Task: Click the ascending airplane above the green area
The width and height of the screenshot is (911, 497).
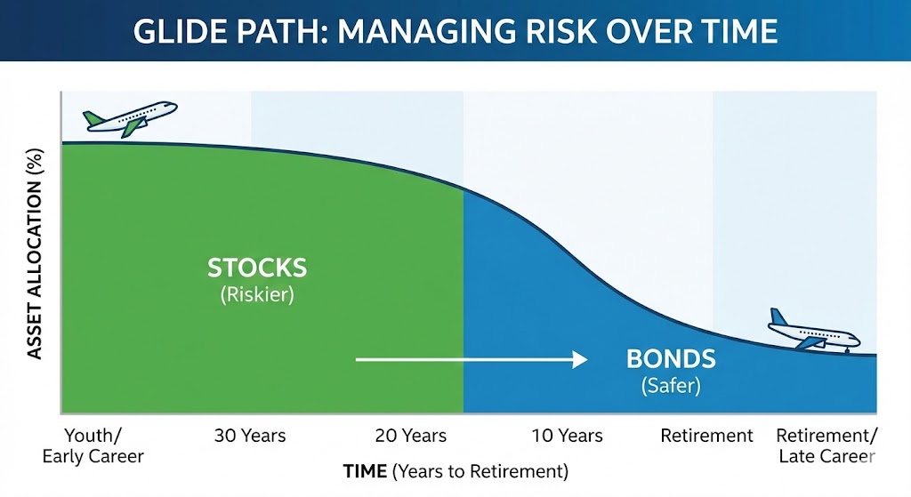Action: point(130,118)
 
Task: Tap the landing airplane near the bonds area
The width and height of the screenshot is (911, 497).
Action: point(813,332)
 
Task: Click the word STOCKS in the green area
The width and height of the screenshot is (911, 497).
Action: point(257,268)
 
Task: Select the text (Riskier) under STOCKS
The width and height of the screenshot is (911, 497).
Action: point(257,294)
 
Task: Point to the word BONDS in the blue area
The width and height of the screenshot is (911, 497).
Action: point(671,359)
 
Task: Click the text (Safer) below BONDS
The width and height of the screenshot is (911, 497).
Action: point(671,386)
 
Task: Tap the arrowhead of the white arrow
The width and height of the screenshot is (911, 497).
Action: point(580,360)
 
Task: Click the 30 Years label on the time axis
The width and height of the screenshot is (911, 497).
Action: point(250,436)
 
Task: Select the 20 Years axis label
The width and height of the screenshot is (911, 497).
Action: point(411,436)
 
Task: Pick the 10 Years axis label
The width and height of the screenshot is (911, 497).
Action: point(567,436)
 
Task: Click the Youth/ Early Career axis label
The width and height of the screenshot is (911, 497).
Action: point(93,446)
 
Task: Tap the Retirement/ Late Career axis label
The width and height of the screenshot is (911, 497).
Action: point(826,446)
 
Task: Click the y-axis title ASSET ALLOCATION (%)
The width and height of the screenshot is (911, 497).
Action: point(35,253)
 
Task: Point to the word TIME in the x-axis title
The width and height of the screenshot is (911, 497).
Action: point(365,471)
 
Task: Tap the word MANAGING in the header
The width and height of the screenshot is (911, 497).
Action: point(426,31)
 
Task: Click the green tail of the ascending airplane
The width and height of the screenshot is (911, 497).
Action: point(93,119)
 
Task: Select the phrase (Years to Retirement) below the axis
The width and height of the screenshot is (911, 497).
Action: point(480,471)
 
